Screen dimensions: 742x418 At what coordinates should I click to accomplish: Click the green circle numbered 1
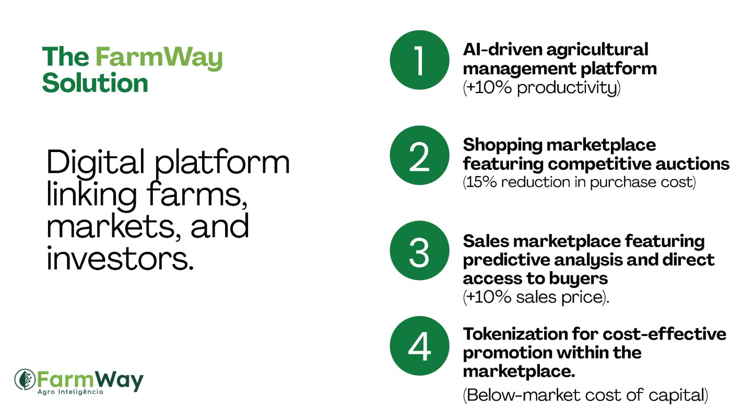click(419, 60)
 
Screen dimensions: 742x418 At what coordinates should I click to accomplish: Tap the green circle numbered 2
click(419, 155)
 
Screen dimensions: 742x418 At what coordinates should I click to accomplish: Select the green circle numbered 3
click(419, 251)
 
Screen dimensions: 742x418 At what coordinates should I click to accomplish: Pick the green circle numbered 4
click(419, 346)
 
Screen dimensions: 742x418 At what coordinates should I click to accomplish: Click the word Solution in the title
click(95, 83)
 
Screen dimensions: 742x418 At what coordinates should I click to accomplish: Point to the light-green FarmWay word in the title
click(159, 58)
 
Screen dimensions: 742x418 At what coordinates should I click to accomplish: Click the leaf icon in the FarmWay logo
click(25, 379)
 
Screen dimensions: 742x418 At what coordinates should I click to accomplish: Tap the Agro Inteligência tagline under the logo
click(70, 392)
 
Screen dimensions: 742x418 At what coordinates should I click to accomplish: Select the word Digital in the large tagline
click(96, 162)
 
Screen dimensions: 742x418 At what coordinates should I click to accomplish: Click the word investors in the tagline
click(120, 259)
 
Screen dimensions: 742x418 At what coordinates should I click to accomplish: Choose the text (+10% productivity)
click(541, 88)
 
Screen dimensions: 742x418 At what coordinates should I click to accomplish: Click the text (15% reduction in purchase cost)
click(579, 182)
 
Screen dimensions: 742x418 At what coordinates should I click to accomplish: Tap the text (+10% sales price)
click(536, 297)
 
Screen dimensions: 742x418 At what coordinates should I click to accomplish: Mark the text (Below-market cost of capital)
click(585, 395)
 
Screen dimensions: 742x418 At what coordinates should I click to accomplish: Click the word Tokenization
click(515, 334)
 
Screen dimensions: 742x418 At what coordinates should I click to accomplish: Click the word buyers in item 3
click(579, 278)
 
